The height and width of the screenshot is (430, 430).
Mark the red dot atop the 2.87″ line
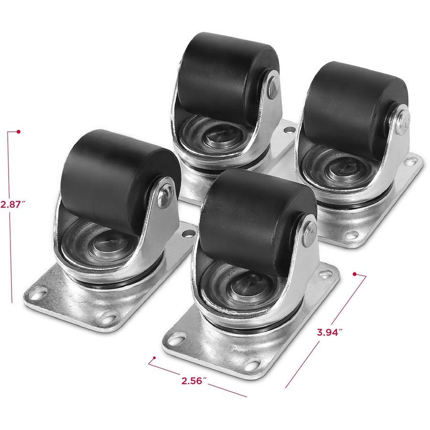[x=18, y=131]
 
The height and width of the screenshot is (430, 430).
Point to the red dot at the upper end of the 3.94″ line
[x=355, y=274]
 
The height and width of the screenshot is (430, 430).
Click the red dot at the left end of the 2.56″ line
[x=154, y=357]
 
